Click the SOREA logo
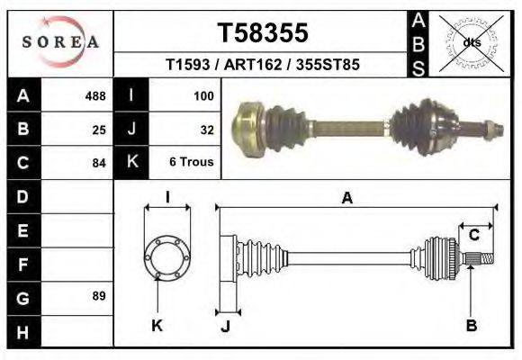(60, 41)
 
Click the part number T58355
(263, 33)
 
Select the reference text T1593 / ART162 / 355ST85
(263, 65)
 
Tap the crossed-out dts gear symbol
(471, 41)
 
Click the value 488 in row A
(94, 95)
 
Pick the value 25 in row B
(99, 129)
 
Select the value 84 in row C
(99, 163)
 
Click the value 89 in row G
(99, 296)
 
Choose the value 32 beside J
(206, 129)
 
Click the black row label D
(22, 195)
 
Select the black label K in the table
(131, 162)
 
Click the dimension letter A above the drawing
(346, 199)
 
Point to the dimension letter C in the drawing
(472, 236)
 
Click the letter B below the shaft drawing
(471, 326)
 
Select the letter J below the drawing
(226, 326)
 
